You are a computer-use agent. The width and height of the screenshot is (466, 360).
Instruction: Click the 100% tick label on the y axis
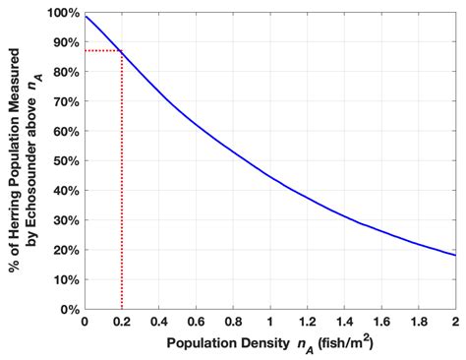click(x=63, y=14)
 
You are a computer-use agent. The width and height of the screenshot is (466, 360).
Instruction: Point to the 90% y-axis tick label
click(x=66, y=43)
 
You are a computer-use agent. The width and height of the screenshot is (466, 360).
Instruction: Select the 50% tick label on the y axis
click(x=66, y=161)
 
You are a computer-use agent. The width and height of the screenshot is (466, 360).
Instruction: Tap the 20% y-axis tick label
click(x=66, y=250)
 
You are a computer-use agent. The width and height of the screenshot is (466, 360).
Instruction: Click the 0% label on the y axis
click(x=70, y=309)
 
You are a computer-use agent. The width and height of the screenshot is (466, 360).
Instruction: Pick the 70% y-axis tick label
click(x=66, y=102)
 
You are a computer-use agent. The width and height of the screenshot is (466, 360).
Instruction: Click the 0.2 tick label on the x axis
click(x=122, y=323)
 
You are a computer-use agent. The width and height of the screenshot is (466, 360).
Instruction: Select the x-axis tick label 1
click(x=270, y=323)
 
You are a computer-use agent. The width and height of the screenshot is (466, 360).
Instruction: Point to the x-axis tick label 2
click(x=455, y=323)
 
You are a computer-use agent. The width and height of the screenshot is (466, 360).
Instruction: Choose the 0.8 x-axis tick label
click(x=233, y=323)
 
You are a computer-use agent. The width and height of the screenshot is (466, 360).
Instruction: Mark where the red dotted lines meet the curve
click(x=122, y=51)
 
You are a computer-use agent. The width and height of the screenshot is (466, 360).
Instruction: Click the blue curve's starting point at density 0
click(x=86, y=17)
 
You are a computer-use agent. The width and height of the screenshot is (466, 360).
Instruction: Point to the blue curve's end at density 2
click(x=455, y=255)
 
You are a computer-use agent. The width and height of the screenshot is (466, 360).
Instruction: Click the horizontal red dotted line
click(x=103, y=51)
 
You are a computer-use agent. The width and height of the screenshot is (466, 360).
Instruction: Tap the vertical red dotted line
click(x=122, y=187)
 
